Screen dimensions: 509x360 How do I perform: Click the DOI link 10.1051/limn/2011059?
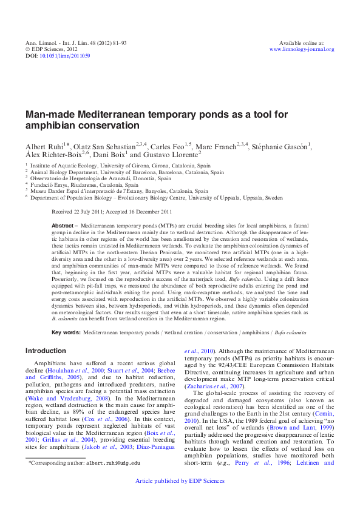pyautogui.click(x=65, y=56)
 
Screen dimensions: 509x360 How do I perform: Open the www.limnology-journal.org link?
pyautogui.click(x=302, y=49)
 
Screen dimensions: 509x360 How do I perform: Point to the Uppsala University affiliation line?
pyautogui.click(x=157, y=198)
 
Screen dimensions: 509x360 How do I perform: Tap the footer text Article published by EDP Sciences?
pyautogui.click(x=180, y=497)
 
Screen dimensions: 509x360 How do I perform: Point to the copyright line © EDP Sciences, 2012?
pyautogui.click(x=52, y=49)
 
